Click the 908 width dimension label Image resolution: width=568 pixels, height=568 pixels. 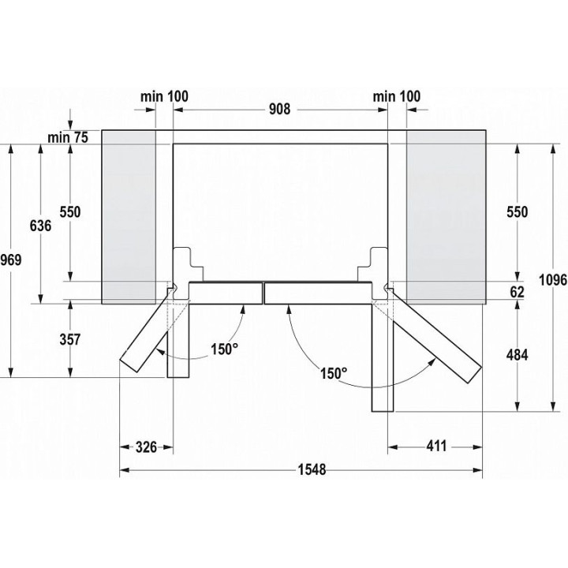279,109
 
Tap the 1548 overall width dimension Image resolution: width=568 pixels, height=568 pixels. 312,470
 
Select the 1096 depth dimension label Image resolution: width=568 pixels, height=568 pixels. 553,279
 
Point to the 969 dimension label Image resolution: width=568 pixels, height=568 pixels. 11,260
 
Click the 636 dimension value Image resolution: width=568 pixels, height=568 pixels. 40,226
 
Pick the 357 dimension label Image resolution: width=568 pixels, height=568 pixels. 70,339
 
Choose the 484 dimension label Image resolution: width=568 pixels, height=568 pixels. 517,355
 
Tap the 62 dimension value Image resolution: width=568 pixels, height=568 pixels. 517,292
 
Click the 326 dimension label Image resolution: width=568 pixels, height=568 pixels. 147,447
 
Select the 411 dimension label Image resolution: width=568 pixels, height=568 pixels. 436,446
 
